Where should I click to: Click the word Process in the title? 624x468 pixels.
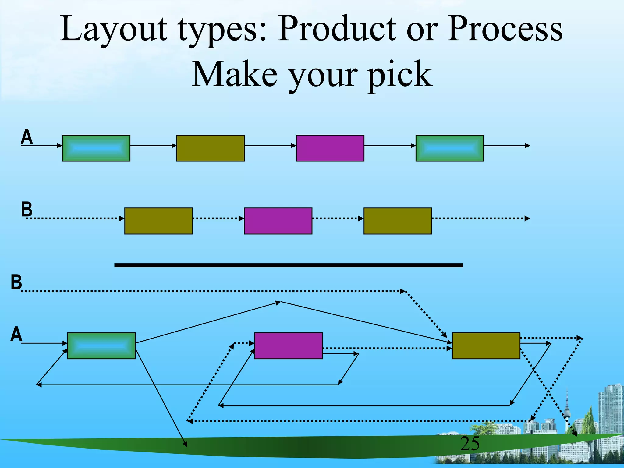(x=505, y=29)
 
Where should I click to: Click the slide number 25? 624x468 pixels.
(x=470, y=444)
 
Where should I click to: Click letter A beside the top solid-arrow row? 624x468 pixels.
(x=27, y=137)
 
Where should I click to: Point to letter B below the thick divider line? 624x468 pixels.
(x=16, y=282)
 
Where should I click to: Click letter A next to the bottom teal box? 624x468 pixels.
(x=16, y=334)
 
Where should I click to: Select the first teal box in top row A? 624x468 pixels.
(x=96, y=148)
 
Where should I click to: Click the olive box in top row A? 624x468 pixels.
(x=211, y=148)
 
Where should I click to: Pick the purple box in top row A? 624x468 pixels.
(x=330, y=148)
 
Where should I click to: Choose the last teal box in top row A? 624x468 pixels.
(x=449, y=148)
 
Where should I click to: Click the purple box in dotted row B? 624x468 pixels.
(x=278, y=221)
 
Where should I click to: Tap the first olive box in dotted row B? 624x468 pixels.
(x=158, y=221)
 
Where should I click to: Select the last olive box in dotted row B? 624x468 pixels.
(x=398, y=221)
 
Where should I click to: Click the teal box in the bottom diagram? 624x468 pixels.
(x=101, y=346)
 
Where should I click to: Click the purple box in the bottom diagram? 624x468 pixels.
(x=288, y=346)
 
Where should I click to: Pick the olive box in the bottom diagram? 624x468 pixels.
(x=486, y=346)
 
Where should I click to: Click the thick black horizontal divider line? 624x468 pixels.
(x=288, y=265)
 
